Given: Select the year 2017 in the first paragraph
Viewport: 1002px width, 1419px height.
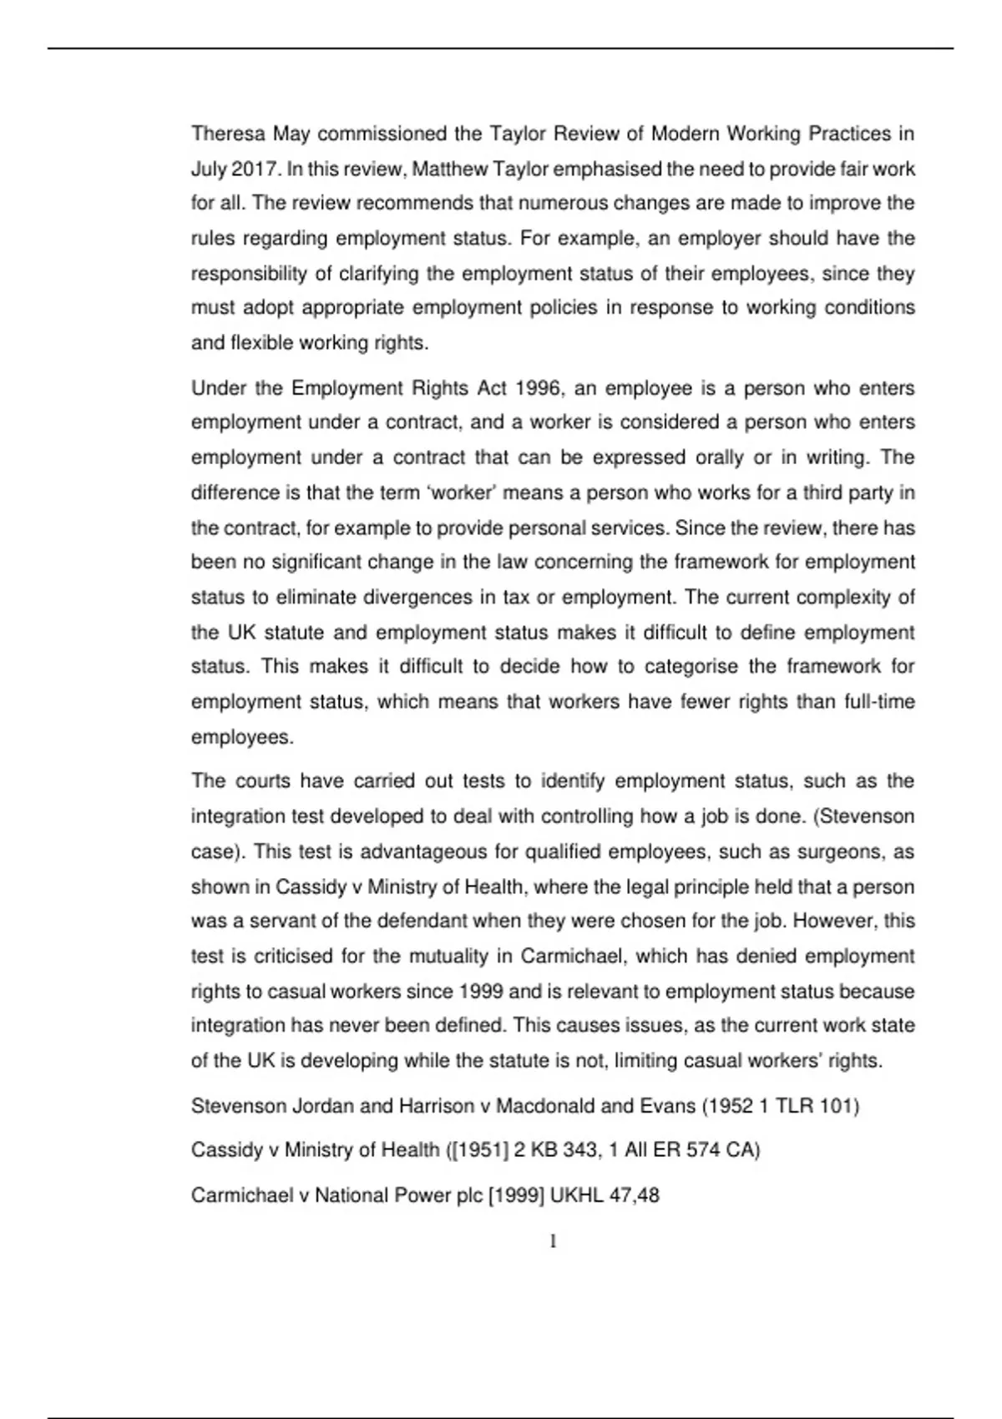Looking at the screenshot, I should (254, 169).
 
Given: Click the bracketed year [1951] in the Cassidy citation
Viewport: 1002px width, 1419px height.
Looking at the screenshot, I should (478, 1150).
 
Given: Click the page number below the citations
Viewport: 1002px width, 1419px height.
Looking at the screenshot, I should (553, 1242).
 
